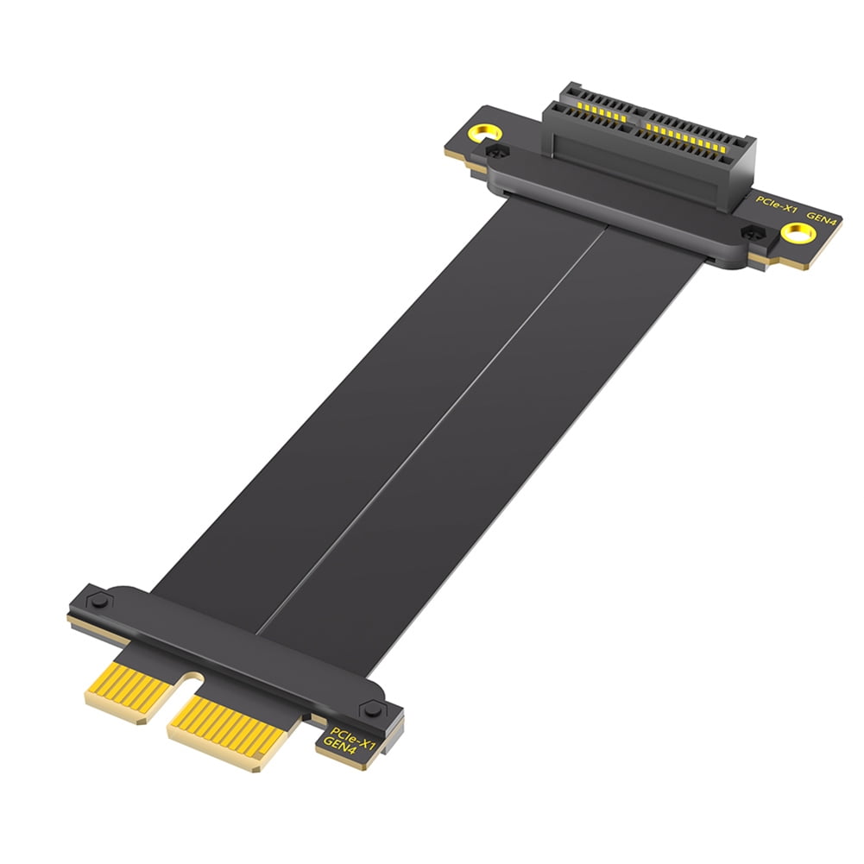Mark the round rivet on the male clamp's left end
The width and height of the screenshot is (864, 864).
pyautogui.click(x=98, y=597)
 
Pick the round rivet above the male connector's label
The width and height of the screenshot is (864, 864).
pyautogui.click(x=372, y=709)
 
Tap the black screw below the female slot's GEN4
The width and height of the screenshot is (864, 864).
pyautogui.click(x=749, y=233)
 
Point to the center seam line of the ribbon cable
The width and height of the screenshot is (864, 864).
pyautogui.click(x=432, y=423)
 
